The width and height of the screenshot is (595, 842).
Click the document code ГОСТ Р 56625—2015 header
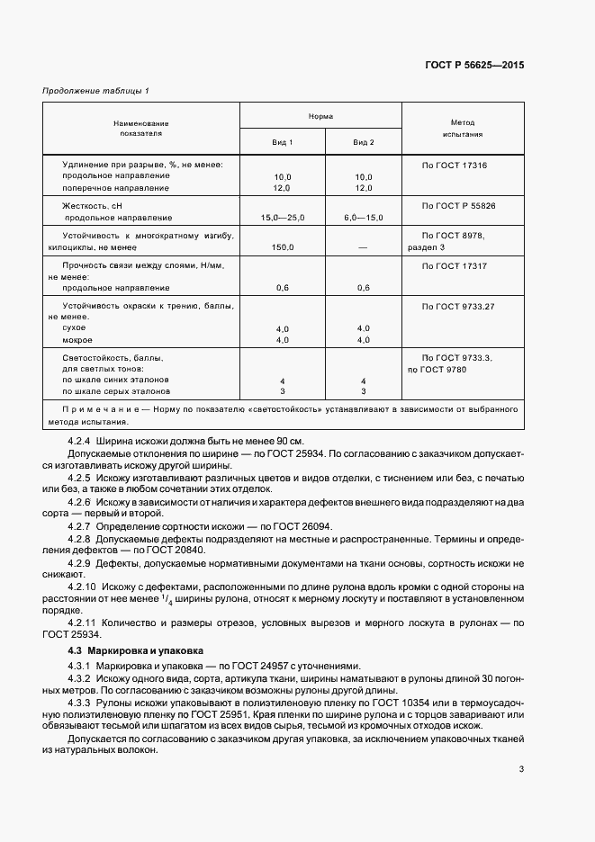(x=473, y=66)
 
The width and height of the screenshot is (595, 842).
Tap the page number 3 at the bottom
(x=521, y=769)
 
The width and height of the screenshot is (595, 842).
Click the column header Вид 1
(x=283, y=143)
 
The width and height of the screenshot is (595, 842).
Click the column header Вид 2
(x=364, y=143)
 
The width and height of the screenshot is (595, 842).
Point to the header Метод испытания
(x=463, y=127)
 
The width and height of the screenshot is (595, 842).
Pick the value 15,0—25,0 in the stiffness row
(x=283, y=218)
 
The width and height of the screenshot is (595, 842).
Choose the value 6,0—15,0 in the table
(x=364, y=218)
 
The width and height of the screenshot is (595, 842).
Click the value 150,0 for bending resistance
(x=283, y=246)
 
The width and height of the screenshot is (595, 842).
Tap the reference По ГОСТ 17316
(x=454, y=166)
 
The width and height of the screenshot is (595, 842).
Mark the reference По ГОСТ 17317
(x=454, y=266)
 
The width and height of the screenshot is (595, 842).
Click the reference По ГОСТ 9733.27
(x=458, y=307)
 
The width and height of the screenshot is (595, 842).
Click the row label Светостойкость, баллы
(x=113, y=357)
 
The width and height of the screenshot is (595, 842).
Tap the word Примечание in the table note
(x=89, y=409)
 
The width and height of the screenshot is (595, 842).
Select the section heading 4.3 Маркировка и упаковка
(x=136, y=649)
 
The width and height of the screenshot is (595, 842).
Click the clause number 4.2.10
(x=84, y=586)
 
